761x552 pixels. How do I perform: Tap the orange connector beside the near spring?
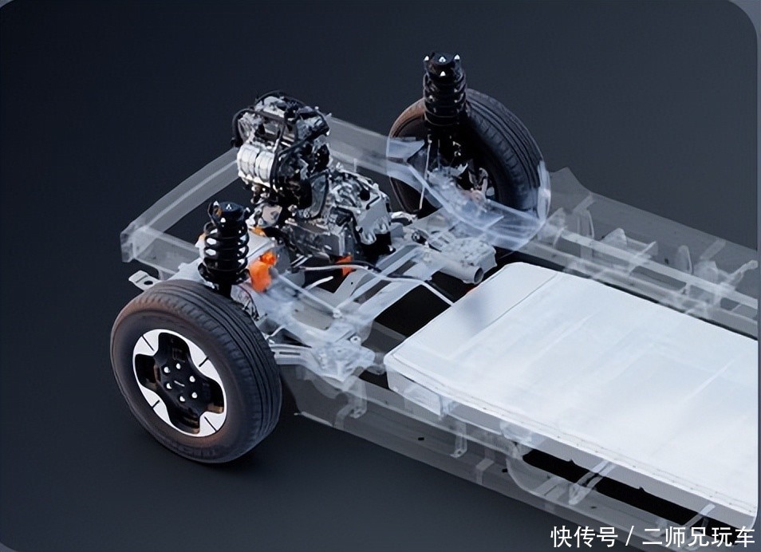262,272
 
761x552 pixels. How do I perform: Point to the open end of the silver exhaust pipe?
478,275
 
